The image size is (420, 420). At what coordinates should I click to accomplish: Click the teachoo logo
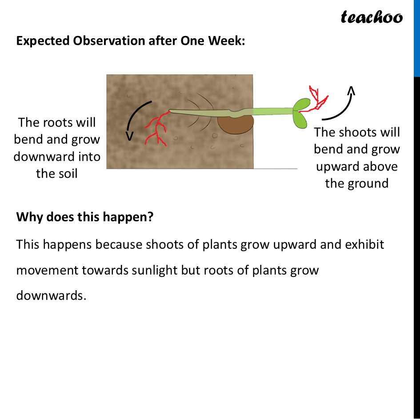tap(372, 17)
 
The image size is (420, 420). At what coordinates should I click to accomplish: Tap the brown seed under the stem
tap(235, 124)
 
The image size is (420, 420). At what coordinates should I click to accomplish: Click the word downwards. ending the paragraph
tap(50, 295)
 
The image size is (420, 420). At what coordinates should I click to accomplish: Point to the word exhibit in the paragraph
tap(364, 245)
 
